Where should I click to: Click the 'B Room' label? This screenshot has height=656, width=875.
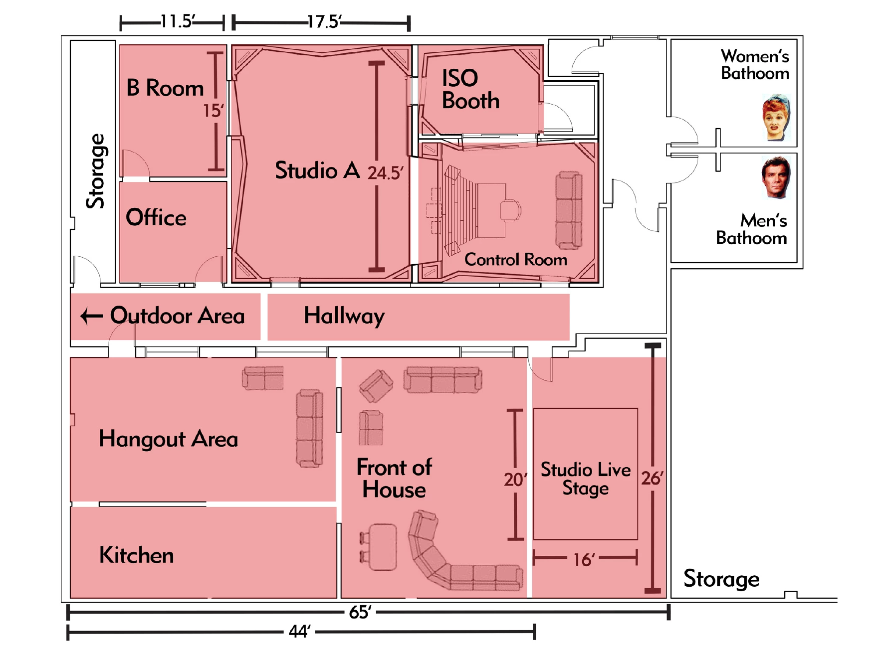[165, 88]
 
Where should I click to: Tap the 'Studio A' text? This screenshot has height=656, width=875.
[317, 170]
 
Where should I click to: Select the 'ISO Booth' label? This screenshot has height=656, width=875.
[470, 89]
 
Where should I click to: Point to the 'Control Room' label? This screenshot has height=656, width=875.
[516, 260]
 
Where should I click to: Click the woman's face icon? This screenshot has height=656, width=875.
[776, 117]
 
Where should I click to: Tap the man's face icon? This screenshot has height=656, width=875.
[776, 177]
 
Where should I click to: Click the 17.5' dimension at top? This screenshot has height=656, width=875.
[324, 22]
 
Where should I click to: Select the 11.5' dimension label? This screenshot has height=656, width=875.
[178, 21]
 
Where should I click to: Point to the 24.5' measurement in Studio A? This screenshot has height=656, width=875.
[385, 173]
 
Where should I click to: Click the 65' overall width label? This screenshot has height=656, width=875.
[360, 612]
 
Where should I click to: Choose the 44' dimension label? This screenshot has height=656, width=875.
[299, 632]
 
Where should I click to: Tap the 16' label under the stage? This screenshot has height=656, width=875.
[584, 560]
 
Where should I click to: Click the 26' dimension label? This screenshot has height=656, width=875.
[652, 479]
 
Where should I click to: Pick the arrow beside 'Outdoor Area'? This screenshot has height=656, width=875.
[92, 316]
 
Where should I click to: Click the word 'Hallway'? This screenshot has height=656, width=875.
[344, 316]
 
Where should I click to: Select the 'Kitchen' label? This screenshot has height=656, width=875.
[136, 555]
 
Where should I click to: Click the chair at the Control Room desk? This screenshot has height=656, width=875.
[510, 210]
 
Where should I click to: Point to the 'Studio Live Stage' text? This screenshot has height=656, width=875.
[586, 479]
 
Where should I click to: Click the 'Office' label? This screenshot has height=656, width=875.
[156, 218]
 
